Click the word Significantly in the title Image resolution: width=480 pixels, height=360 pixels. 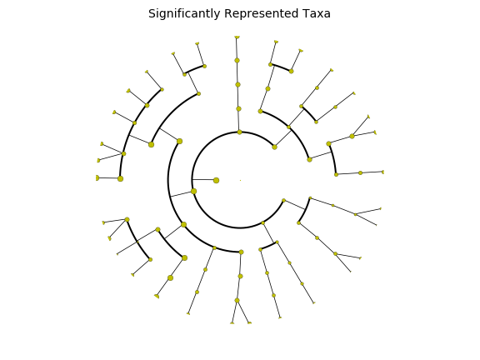click(x=184, y=14)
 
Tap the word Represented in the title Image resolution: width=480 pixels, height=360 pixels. click(x=261, y=14)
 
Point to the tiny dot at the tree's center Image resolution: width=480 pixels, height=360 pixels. click(x=240, y=180)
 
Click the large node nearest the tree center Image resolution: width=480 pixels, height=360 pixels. click(x=216, y=180)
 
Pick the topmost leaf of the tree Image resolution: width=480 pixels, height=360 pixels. click(x=237, y=37)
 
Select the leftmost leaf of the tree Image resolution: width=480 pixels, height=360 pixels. click(x=97, y=177)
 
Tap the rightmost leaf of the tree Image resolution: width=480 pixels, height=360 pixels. click(x=383, y=172)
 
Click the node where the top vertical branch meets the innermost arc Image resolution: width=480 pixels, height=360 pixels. click(x=240, y=132)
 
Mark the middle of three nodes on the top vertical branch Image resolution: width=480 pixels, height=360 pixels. click(x=237, y=84)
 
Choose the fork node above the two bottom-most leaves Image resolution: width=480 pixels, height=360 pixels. click(x=237, y=300)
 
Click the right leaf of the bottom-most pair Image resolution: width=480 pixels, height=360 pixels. click(x=249, y=322)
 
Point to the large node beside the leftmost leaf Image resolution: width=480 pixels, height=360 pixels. click(x=120, y=178)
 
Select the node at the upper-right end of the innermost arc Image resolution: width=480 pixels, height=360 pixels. click(x=275, y=147)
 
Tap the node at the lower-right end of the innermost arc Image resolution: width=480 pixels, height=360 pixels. click(x=284, y=201)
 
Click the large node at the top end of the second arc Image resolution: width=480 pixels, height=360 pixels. click(x=180, y=142)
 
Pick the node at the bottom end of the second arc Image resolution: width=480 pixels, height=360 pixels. click(x=241, y=252)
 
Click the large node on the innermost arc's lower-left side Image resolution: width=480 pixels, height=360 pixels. click(x=194, y=192)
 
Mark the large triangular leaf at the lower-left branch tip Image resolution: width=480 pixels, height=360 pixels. click(x=157, y=296)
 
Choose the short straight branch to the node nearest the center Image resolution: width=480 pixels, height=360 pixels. click(x=204, y=180)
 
